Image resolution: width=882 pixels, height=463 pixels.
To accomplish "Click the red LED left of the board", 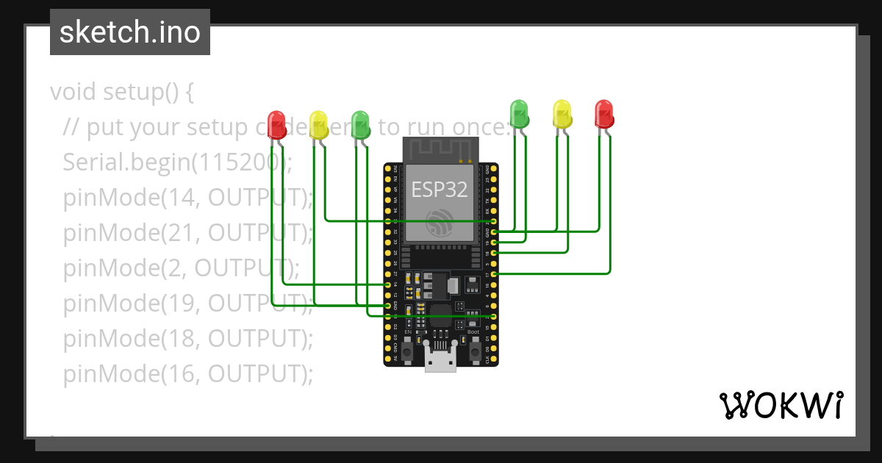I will pos(276,123).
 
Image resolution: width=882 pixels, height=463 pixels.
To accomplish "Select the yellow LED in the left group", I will pos(318,123).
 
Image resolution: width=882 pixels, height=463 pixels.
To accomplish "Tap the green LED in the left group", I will pos(360,123).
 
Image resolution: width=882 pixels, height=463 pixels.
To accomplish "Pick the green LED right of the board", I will pos(520,112).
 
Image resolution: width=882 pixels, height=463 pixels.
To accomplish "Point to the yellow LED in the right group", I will pos(562,112).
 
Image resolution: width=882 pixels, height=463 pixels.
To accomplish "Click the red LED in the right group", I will pos(604,112).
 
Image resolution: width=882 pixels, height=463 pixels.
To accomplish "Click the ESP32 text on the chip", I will pos(439,190).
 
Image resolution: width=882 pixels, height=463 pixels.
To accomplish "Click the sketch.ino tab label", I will pos(130,32).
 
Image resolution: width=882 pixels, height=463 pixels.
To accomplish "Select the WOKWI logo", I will pos(781,405).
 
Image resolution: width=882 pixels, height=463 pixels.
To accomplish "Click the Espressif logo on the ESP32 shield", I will pos(440,223).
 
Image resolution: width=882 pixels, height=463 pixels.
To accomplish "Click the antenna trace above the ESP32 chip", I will pos(439,151).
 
